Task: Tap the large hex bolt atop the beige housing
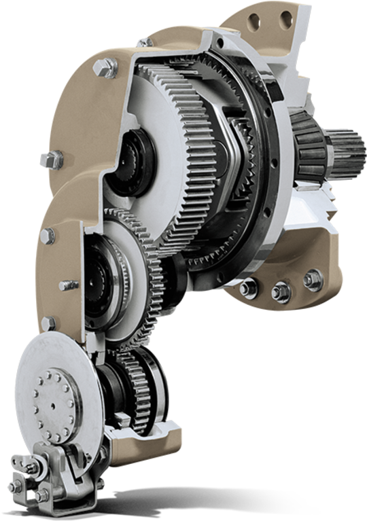click(x=105, y=67)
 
